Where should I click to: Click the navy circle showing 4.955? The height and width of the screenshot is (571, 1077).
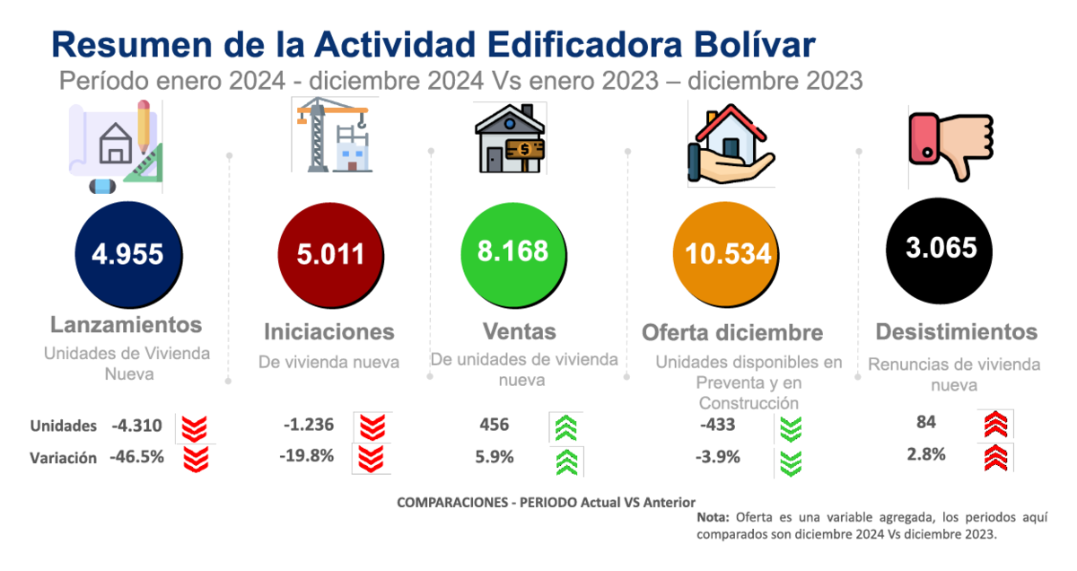(x=128, y=254)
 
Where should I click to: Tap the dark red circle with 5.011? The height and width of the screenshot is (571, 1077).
(x=331, y=255)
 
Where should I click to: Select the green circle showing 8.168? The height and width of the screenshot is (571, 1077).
(x=513, y=254)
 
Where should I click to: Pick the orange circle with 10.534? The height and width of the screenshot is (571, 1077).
(x=726, y=254)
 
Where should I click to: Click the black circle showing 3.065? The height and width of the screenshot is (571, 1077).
(x=940, y=250)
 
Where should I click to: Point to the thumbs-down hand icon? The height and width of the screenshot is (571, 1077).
(x=951, y=146)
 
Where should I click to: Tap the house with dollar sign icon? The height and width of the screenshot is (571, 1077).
(x=510, y=138)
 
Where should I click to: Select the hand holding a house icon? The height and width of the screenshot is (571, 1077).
(x=731, y=145)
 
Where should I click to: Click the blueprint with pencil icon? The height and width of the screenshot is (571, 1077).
(x=116, y=146)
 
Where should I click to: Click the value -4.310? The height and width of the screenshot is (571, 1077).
(x=136, y=426)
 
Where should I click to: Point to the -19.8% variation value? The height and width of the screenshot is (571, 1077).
(x=307, y=455)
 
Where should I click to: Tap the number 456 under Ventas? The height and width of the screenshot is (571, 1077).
(x=494, y=425)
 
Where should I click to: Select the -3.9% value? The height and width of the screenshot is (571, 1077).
(x=718, y=457)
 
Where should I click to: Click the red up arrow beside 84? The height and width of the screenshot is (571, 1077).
(x=995, y=424)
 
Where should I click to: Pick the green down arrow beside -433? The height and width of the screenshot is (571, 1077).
(x=791, y=428)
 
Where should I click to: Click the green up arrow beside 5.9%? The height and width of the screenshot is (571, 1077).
(x=567, y=462)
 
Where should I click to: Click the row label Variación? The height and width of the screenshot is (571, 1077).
(x=63, y=458)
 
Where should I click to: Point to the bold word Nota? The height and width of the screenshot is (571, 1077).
(x=713, y=518)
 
